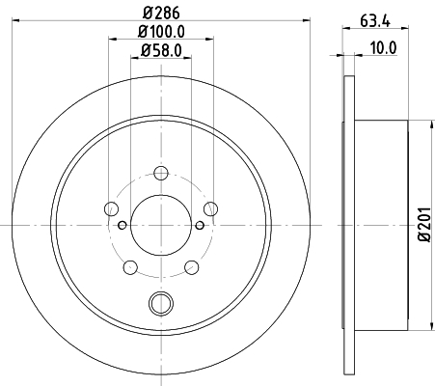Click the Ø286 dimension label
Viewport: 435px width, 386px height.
point(161,13)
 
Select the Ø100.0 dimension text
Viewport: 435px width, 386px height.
point(161,32)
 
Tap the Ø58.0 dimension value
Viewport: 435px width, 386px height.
point(161,50)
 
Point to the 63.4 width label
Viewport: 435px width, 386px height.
point(375,21)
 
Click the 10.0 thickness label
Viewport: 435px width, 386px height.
point(383,48)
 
